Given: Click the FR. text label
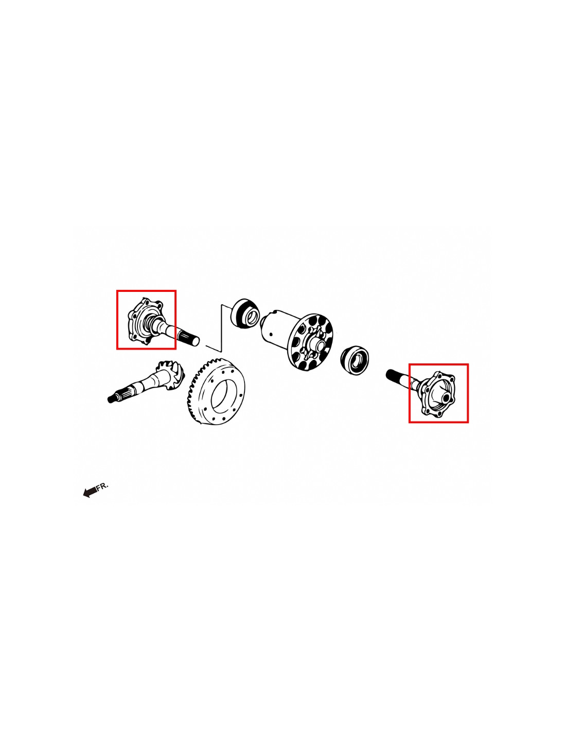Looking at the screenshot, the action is click(102, 486).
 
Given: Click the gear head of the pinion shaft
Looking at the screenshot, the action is click(170, 375).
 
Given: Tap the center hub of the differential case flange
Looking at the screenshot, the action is click(317, 345).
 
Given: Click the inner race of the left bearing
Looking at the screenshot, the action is click(252, 317).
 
